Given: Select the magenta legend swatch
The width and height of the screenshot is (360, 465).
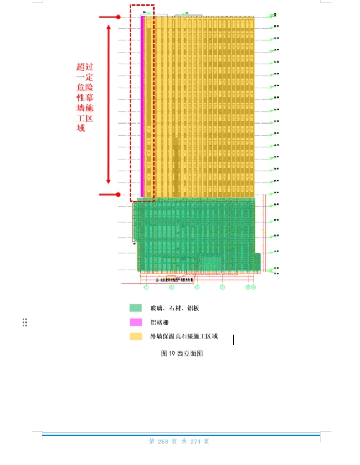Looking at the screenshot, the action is pos(135,322).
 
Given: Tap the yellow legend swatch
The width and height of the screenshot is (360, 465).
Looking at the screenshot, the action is pos(135,336).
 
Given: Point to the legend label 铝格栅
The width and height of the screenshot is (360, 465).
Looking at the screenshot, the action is pos(159,322).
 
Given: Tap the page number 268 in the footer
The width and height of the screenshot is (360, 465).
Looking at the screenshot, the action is pos(162,441).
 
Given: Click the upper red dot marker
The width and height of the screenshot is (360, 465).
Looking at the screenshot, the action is pos(118,17).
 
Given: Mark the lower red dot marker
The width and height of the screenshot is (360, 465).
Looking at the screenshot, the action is pos(118,194).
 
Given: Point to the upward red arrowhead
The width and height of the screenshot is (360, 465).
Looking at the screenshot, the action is pos(109,26).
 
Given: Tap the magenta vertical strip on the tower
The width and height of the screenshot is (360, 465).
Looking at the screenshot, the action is pos(142,105).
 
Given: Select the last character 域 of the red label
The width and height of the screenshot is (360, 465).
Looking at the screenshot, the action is pos(81,129).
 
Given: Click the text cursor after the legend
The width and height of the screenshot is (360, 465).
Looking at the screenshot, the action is pos(233,339).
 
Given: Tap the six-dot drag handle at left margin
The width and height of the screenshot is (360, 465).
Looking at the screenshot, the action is pos(25,323).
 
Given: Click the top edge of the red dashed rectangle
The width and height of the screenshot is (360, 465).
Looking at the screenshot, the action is pos(142,6).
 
